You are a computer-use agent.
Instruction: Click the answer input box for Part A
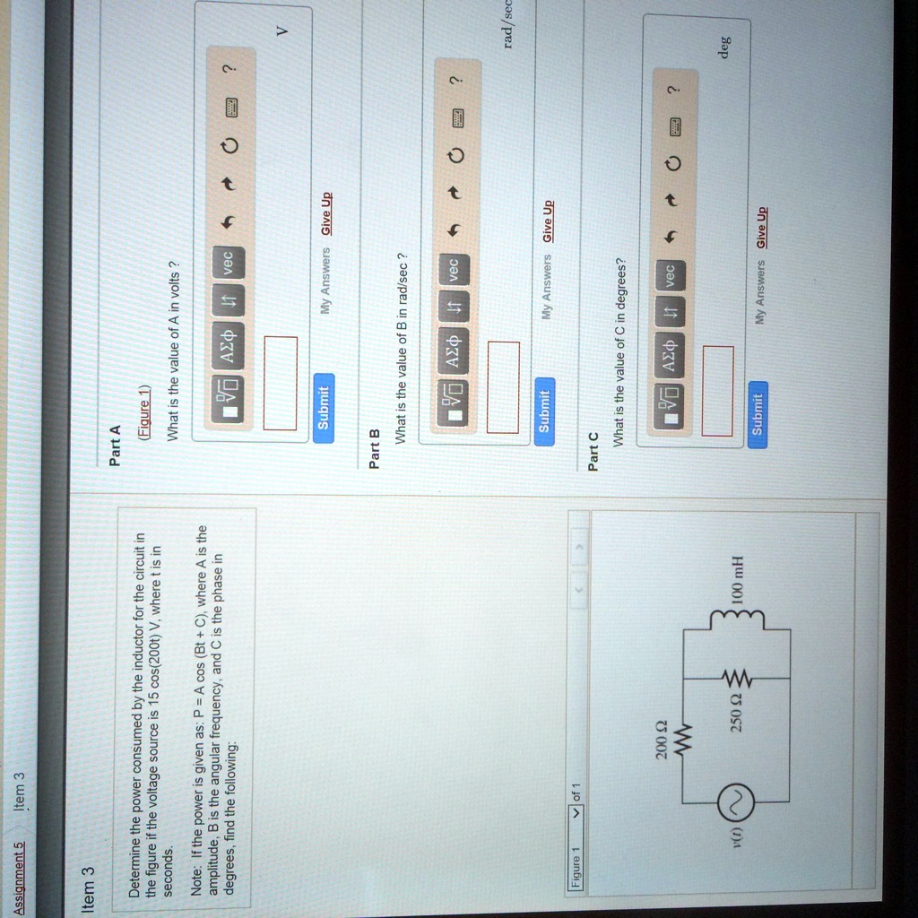coord(280,383)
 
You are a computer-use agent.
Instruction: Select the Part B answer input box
coord(503,387)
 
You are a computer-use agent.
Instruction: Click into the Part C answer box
coord(718,390)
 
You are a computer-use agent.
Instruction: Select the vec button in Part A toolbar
coord(229,261)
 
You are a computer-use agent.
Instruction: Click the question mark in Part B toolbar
coord(456,79)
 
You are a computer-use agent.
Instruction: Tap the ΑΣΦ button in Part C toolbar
coord(671,347)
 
